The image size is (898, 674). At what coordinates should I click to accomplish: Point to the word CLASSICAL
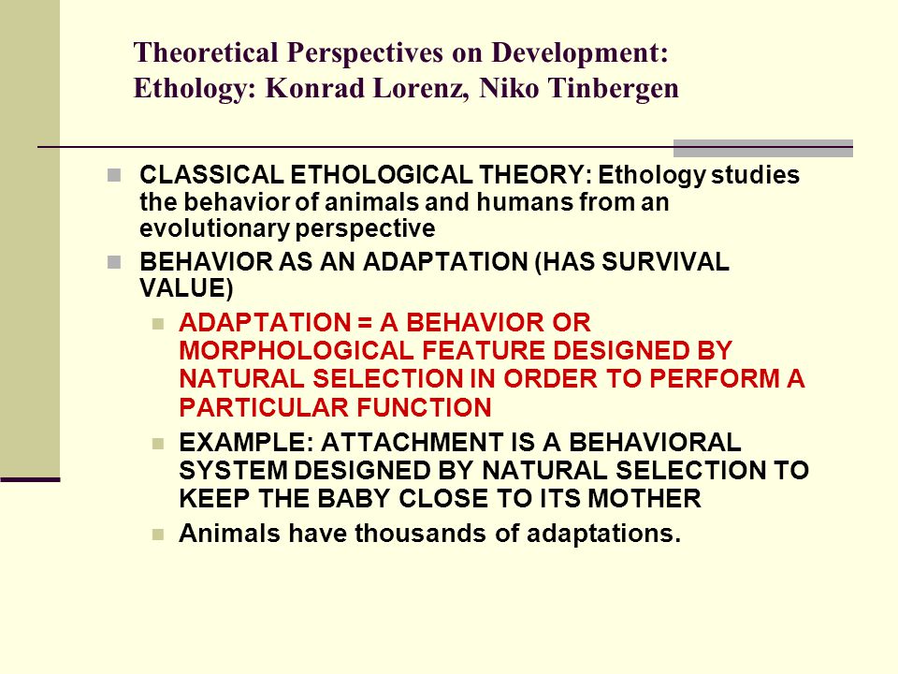pos(211,175)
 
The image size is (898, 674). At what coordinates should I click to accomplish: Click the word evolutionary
pos(214,228)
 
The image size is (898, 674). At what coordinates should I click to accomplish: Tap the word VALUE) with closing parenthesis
pos(186,287)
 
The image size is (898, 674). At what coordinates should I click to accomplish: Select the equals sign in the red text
pos(365,323)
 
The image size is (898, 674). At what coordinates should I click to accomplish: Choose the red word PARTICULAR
pos(264,407)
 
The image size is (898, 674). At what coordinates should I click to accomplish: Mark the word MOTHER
pos(645,499)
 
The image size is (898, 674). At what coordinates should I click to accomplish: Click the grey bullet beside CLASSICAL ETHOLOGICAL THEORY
pos(114,175)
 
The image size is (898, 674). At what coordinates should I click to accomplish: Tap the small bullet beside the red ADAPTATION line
pos(159,325)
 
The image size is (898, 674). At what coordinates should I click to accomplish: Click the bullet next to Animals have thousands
pos(159,535)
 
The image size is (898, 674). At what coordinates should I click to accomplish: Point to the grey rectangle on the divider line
pos(763,148)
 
